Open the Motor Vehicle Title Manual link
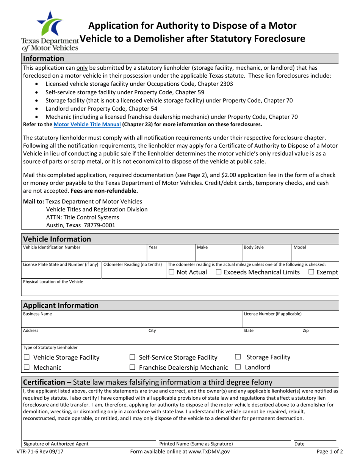point(88,124)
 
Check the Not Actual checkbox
point(172,272)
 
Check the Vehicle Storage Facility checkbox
point(27,357)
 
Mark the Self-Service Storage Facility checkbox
point(132,357)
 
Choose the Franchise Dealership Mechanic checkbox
point(132,367)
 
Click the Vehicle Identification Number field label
point(52,247)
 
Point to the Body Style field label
point(254,247)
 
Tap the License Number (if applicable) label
point(273,314)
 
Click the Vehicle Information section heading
point(57,239)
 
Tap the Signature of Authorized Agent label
point(56,444)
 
